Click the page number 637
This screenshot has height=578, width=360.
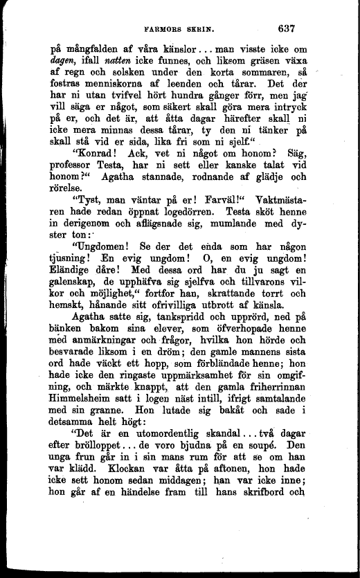pyautogui.click(x=286, y=29)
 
